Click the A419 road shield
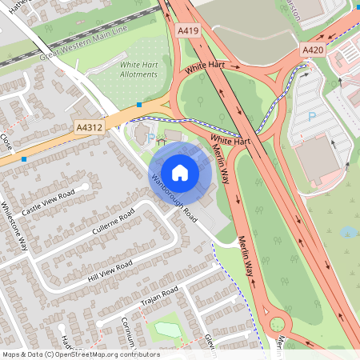pos(188,30)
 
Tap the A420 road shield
pos(313,50)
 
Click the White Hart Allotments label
pos(138,70)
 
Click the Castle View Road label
pos(48,202)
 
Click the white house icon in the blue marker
pos(180,172)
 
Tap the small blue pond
pos(348,232)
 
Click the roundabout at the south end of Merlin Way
pos(278,324)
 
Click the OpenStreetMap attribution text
pos(81,354)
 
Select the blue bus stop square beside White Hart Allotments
pos(140,104)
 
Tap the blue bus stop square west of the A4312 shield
pos(25,159)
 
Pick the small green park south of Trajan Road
pos(166,329)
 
